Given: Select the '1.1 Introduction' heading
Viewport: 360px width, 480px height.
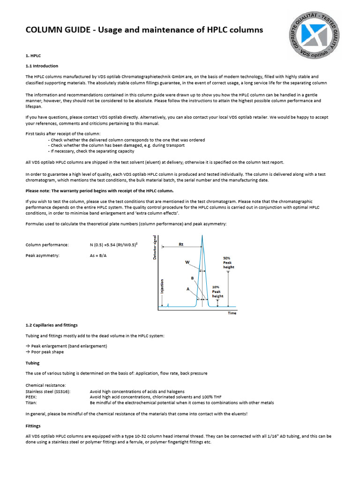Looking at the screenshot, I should (42, 66).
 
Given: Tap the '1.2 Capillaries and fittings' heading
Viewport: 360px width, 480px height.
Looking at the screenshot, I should (51, 325).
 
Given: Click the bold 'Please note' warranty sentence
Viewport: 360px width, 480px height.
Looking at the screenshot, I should (99, 191).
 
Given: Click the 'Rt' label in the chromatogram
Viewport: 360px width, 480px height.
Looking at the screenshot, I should (181, 244).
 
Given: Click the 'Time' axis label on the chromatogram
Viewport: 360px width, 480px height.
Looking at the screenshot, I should (232, 313).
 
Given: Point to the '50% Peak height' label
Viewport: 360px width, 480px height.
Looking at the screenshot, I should (228, 262).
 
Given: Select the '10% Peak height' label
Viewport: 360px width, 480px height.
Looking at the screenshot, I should (218, 292).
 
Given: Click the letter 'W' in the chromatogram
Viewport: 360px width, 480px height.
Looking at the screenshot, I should (187, 262).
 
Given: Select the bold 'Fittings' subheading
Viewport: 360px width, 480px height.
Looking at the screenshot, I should (33, 426).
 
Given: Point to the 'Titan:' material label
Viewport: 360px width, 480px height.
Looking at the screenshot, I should (31, 403).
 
